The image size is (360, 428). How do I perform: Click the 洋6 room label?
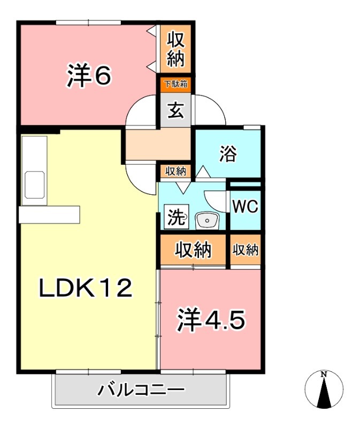point(89,75)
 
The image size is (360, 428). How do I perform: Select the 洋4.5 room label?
point(211,320)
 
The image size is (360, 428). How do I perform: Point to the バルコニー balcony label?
point(141,390)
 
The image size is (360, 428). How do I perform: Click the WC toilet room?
point(246,206)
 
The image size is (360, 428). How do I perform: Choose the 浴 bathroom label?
point(228,154)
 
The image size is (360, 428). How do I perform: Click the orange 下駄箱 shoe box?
point(175,84)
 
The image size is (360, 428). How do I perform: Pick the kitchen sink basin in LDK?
point(34,185)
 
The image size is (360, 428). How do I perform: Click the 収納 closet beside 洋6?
point(175,49)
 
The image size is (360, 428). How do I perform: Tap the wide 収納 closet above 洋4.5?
point(193,249)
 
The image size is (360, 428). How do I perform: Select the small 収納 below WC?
point(246,249)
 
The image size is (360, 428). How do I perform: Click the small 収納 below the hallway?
point(175,172)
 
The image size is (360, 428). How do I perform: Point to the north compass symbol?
point(324,389)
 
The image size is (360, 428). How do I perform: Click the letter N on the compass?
point(324,374)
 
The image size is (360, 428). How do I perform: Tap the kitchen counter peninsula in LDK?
point(49,214)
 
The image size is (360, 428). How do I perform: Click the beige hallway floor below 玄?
point(158,144)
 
